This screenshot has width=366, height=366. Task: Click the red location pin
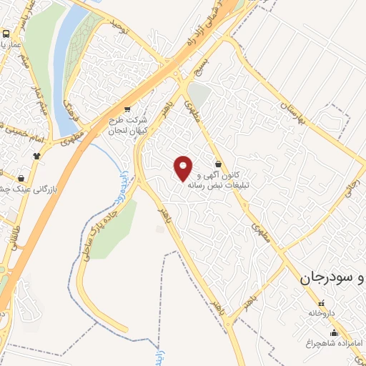[x=184, y=168]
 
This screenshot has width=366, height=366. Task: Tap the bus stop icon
[x=6, y=34]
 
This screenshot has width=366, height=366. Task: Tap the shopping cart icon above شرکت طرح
[x=127, y=109]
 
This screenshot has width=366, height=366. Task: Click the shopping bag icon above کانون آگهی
[x=217, y=162]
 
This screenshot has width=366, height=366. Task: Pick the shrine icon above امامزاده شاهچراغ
[x=334, y=332]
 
